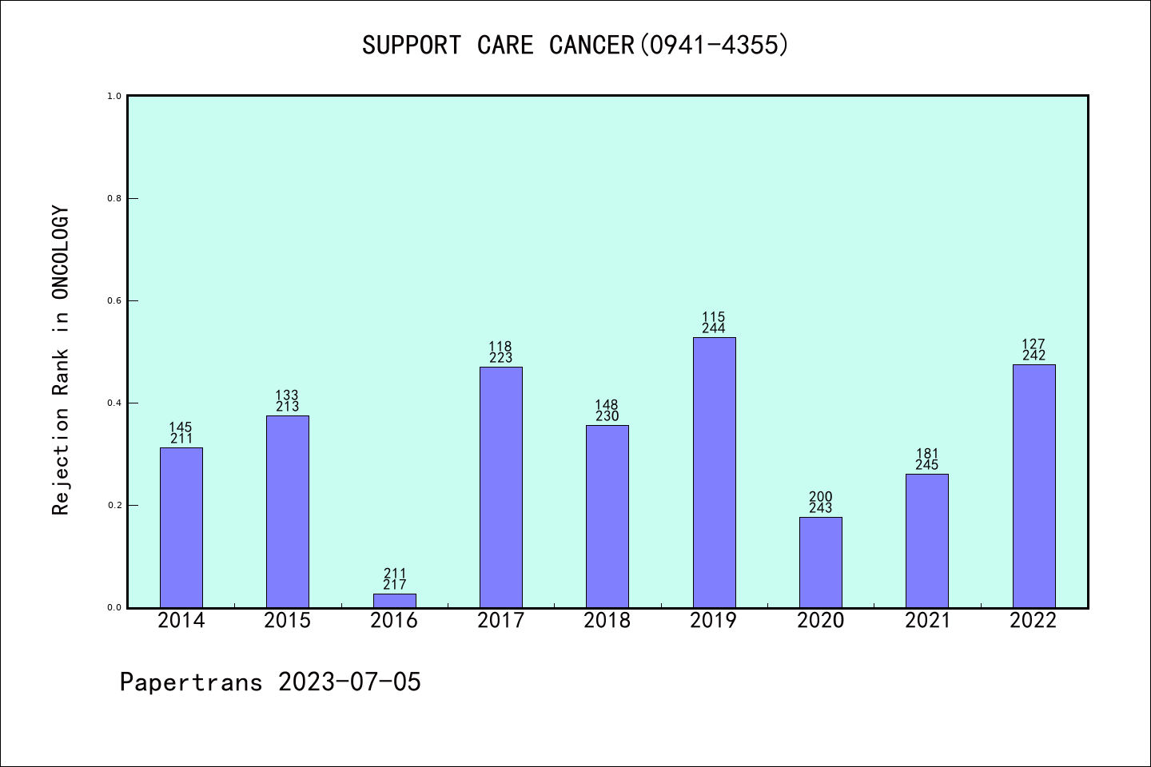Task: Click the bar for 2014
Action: [x=181, y=527]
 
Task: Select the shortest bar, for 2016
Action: [x=395, y=600]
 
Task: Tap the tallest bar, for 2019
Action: [x=714, y=472]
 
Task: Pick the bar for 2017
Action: [x=501, y=487]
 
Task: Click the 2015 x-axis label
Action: [x=288, y=621]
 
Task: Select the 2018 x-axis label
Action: [x=607, y=621]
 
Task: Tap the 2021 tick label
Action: [x=927, y=621]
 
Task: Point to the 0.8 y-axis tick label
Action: [x=114, y=198]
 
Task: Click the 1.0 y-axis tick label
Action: [x=114, y=96]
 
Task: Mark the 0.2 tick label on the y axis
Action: [x=114, y=505]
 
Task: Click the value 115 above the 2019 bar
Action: [x=714, y=317]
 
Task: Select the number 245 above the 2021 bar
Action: [x=927, y=465]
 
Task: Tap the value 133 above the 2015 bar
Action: [x=288, y=395]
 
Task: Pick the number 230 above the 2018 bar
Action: [x=607, y=416]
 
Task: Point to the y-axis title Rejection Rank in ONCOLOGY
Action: [x=61, y=360]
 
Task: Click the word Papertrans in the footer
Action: [x=191, y=682]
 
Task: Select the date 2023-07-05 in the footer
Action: [x=349, y=682]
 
